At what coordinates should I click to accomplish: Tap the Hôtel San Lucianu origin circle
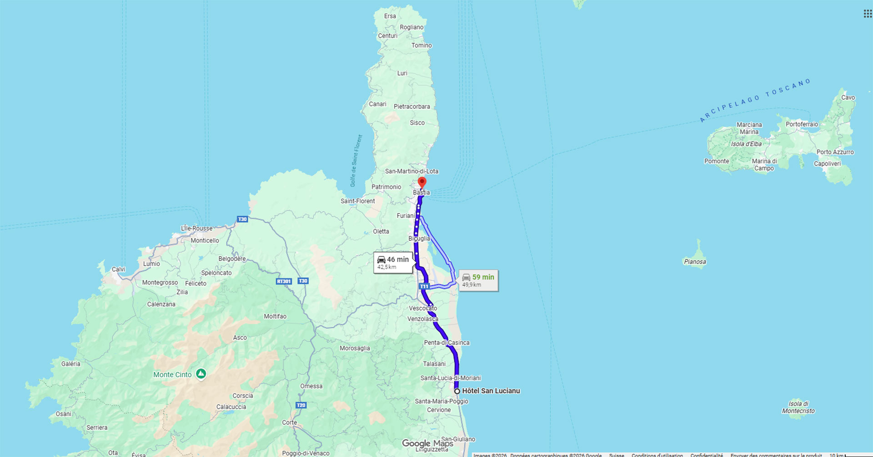pos(457,391)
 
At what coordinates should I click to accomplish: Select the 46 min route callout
pos(393,263)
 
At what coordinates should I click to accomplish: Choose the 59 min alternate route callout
pos(478,280)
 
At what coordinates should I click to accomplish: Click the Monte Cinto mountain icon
pos(201,374)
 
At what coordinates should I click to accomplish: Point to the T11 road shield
pos(424,286)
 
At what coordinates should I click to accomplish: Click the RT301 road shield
pos(284,281)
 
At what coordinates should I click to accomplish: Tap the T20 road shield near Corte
pos(301,405)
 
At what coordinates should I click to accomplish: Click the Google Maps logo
pos(427,443)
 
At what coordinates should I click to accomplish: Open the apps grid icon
pos(868,14)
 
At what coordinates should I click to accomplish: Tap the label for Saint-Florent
pos(358,201)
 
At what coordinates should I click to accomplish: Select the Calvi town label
pos(118,269)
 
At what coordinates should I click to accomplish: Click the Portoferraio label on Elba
pos(802,124)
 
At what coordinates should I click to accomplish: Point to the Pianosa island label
pos(695,262)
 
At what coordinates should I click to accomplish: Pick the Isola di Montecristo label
pos(798,407)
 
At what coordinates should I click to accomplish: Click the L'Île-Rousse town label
pos(196,228)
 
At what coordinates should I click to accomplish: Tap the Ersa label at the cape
pos(390,16)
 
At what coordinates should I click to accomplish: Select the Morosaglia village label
pos(355,348)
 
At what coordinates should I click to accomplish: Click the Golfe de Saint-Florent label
pos(356,161)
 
